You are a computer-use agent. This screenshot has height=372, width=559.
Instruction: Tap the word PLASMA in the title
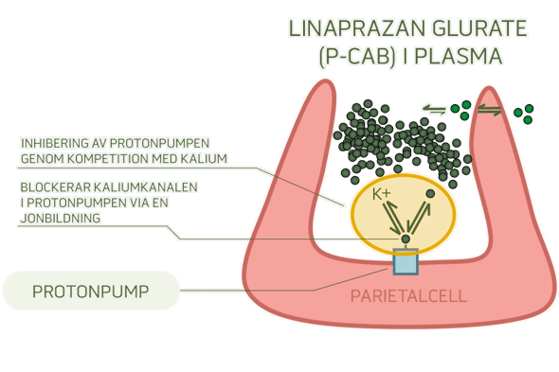pos(464,57)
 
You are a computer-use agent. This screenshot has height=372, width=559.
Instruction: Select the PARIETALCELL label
pos(408,295)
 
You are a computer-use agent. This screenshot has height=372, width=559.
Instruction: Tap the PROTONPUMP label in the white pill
pos(90,291)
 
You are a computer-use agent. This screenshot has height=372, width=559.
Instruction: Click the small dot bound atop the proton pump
pos(406,239)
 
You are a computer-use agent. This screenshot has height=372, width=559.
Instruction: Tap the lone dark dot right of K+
pos(430,194)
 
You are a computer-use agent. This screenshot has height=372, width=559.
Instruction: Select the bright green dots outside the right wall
pos(522,114)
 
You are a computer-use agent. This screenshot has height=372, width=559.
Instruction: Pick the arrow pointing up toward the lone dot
pos(419,216)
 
